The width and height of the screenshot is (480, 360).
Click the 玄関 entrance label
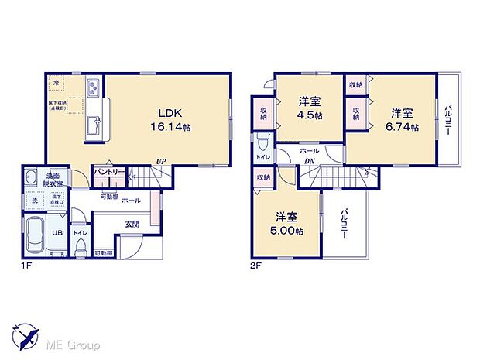(x=132, y=225)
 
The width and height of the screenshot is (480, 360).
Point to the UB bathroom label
(x=57, y=231)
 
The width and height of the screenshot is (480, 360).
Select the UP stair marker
(x=160, y=162)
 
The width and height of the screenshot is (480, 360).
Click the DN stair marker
(x=308, y=161)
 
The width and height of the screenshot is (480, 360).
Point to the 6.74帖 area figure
(x=403, y=126)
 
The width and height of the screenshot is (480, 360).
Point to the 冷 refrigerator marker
(x=56, y=81)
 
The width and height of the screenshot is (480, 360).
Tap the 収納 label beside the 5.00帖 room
(x=263, y=178)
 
